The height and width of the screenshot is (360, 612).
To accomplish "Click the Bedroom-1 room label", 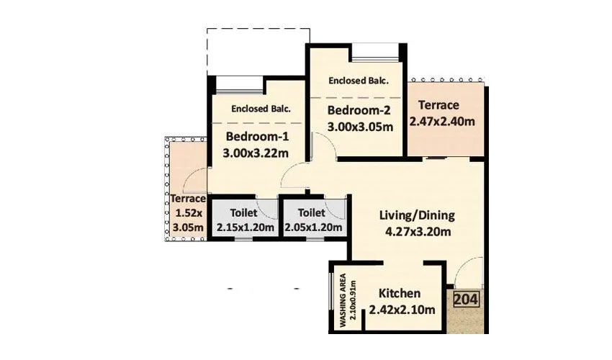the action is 257,137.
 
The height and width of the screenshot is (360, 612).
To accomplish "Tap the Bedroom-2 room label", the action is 359,110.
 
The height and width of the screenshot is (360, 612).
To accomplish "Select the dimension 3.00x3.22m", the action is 256,153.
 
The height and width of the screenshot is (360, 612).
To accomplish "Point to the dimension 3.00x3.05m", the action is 360,127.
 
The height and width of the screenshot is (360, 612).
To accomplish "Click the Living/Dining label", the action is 417,215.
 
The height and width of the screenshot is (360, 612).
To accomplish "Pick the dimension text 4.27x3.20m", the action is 418,232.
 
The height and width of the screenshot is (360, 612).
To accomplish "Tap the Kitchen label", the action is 400,293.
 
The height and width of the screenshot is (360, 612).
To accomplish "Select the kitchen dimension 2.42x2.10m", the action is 402,310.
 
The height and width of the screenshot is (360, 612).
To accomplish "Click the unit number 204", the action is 466,300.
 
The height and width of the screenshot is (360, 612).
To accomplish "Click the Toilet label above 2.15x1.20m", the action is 243,213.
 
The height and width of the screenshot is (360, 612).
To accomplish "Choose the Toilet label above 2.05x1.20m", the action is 312,213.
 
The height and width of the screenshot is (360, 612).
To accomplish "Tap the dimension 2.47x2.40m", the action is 442,122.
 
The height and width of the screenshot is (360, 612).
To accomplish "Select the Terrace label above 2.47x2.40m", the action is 438,105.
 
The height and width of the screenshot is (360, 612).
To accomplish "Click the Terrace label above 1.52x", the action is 188,199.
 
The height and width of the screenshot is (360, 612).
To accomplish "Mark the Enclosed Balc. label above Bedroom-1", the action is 261,109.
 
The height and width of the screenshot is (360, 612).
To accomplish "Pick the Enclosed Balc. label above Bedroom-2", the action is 359,81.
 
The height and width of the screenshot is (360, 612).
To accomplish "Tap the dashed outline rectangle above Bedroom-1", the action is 258,29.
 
